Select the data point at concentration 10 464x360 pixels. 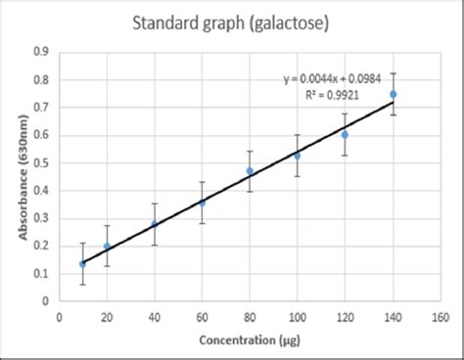pyautogui.click(x=82, y=263)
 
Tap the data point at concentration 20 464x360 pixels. pyautogui.click(x=107, y=247)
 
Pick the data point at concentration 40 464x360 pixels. pyautogui.click(x=154, y=224)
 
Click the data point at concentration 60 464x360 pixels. pyautogui.click(x=202, y=202)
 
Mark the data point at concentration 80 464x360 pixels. pyautogui.click(x=250, y=171)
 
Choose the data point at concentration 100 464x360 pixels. pyautogui.click(x=298, y=156)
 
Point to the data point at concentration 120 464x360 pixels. pyautogui.click(x=345, y=134)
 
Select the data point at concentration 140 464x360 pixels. pyautogui.click(x=394, y=95)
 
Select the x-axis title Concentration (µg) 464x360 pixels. pyautogui.click(x=249, y=341)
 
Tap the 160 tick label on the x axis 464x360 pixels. pyautogui.click(x=441, y=317)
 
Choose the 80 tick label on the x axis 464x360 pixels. pyautogui.click(x=250, y=317)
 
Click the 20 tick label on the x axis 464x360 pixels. pyautogui.click(x=107, y=317)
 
